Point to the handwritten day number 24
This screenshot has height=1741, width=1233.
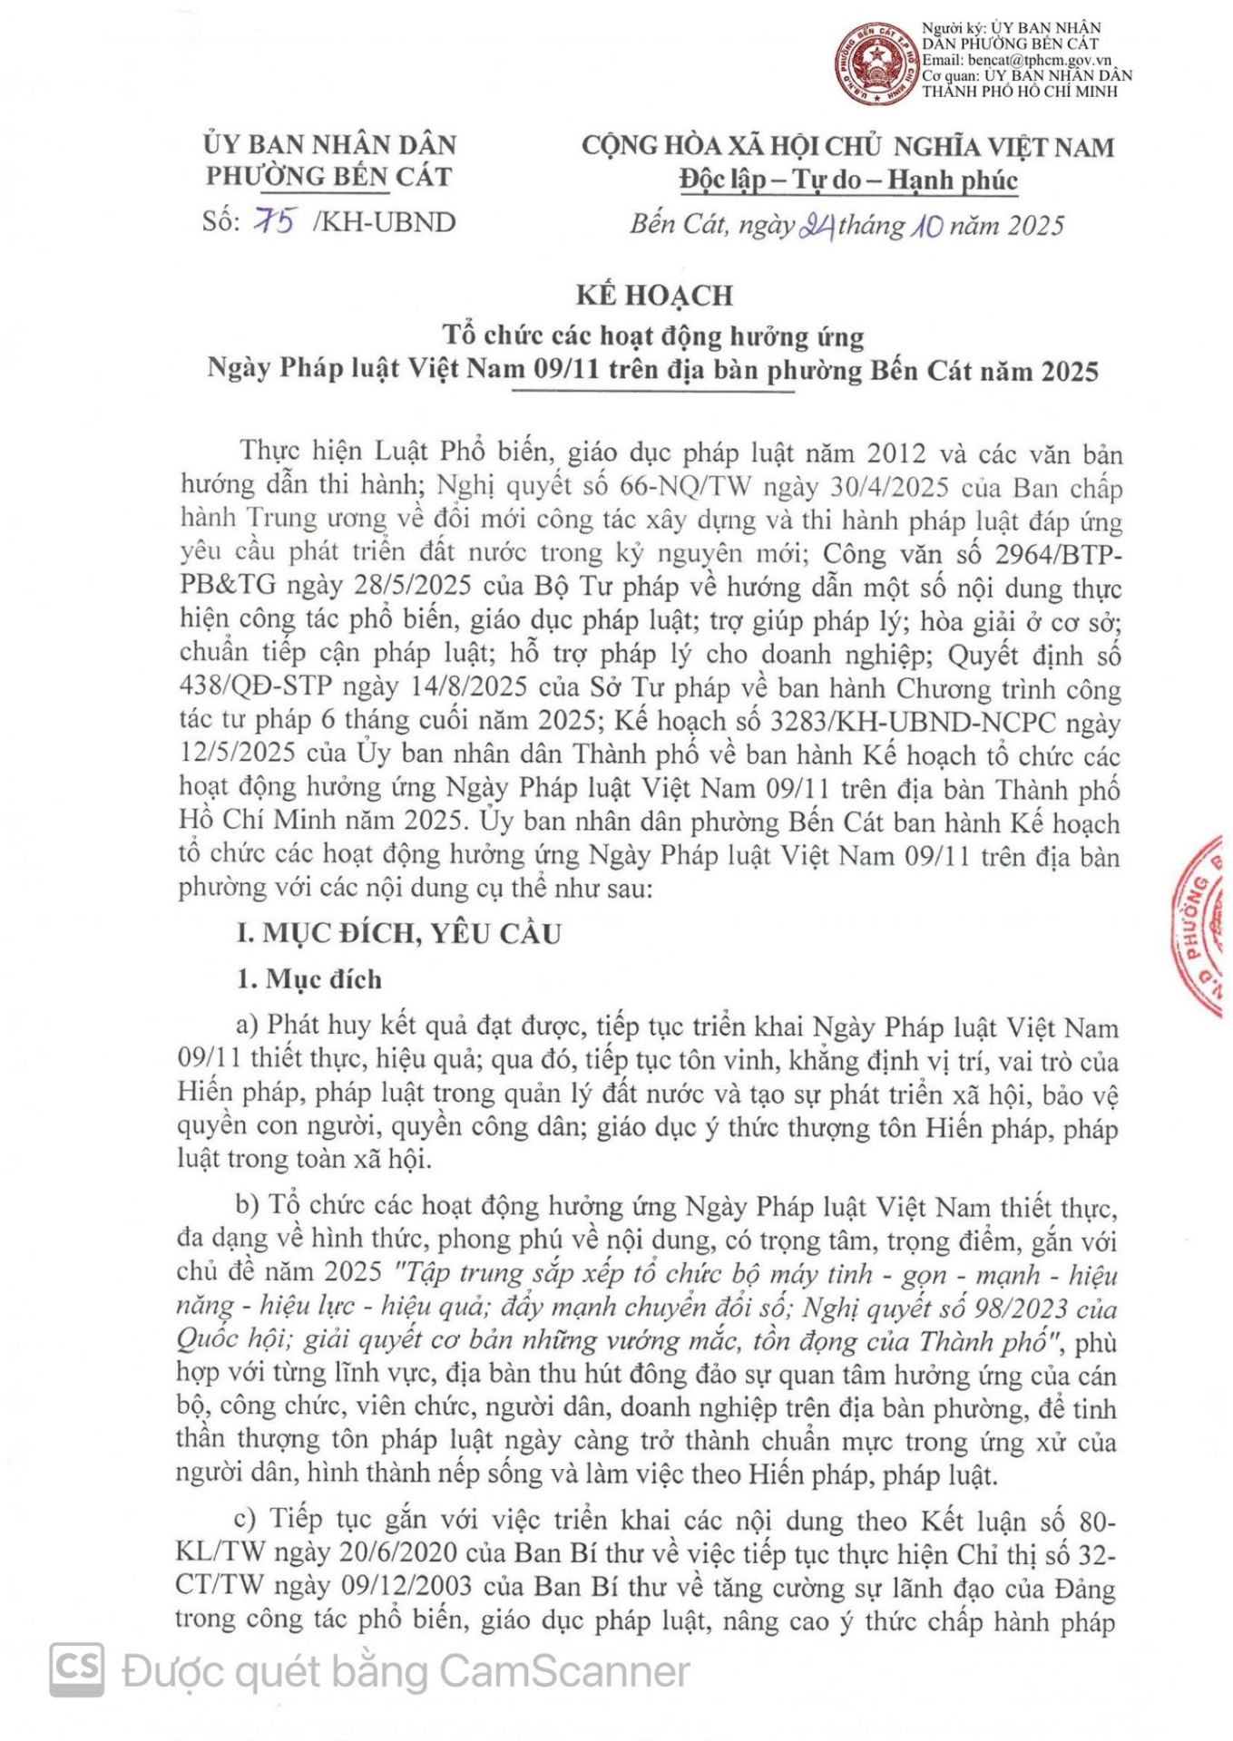(817, 225)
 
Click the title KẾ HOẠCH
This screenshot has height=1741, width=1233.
(653, 296)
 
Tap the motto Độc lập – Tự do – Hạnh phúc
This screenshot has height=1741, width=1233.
(848, 180)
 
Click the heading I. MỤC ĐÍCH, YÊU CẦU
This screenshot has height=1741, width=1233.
(399, 933)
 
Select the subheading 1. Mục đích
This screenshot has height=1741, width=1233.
(309, 979)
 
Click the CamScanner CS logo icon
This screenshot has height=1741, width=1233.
(77, 1669)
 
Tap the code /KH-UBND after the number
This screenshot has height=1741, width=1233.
(384, 222)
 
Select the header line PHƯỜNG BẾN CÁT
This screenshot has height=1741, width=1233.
(328, 176)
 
